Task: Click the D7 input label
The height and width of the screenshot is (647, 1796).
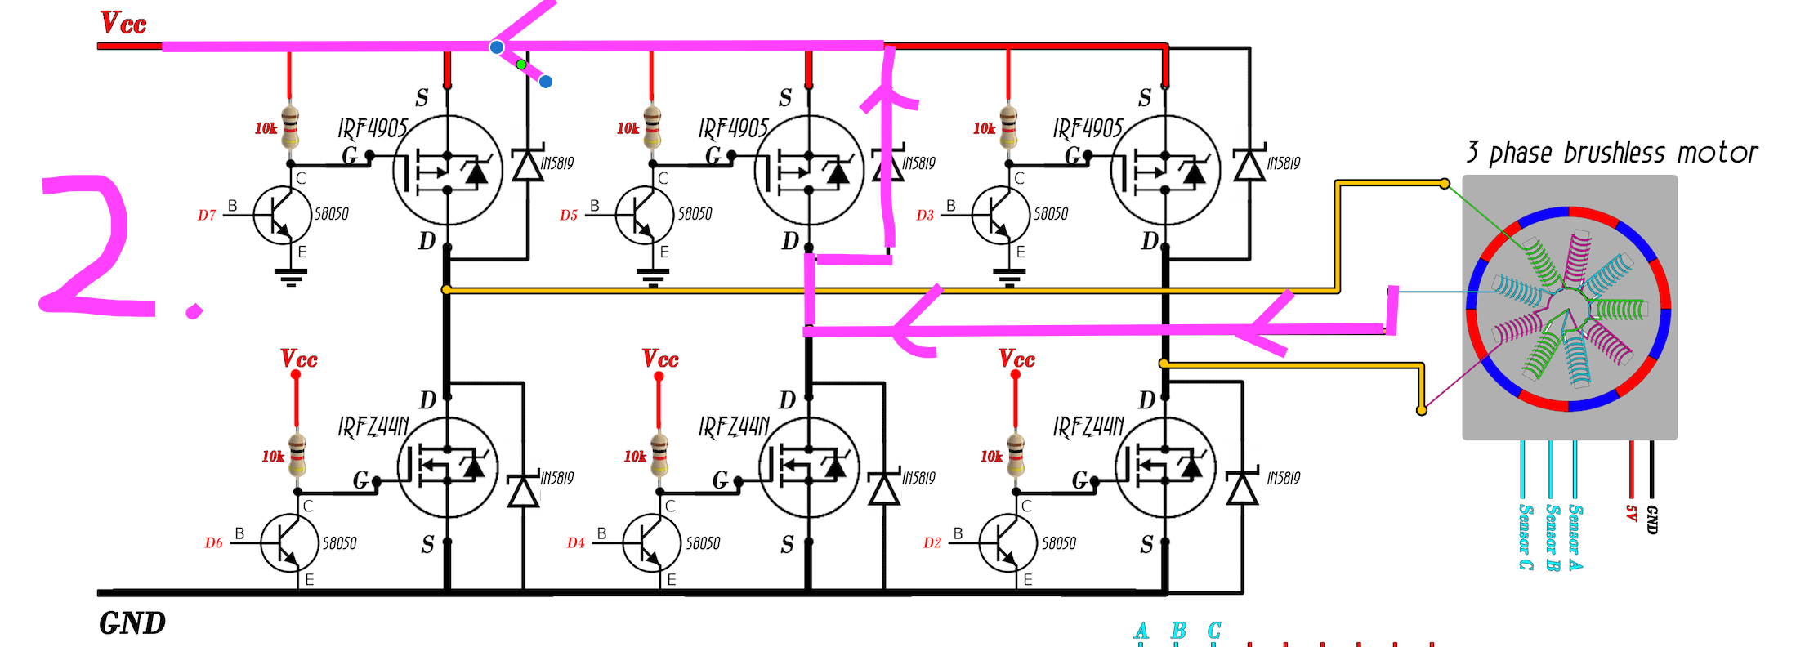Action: point(207,216)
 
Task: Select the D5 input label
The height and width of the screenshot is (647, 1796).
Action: point(569,216)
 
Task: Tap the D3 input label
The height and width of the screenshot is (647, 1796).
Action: point(925,216)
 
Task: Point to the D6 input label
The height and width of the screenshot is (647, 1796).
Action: point(213,543)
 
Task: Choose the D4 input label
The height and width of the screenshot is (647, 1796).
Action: point(576,543)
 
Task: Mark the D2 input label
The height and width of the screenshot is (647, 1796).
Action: point(932,543)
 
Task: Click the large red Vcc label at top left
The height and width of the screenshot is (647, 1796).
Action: point(123,23)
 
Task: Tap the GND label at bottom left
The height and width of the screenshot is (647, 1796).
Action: point(132,624)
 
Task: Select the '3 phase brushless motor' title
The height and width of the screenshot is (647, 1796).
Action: point(1611,153)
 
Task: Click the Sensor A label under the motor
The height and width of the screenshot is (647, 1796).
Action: point(1576,537)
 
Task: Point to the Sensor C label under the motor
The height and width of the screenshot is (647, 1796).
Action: point(1525,537)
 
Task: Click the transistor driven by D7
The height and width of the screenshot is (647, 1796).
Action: point(282,215)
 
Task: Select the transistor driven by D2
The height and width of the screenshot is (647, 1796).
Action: point(1007,542)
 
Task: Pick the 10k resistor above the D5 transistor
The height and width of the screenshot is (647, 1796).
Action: point(652,128)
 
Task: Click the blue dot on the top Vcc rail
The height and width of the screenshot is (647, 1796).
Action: point(497,47)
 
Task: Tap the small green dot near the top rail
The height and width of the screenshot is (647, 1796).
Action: point(521,64)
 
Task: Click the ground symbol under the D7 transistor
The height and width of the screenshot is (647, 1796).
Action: point(291,278)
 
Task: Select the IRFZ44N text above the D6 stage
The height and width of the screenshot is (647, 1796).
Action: point(373,426)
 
